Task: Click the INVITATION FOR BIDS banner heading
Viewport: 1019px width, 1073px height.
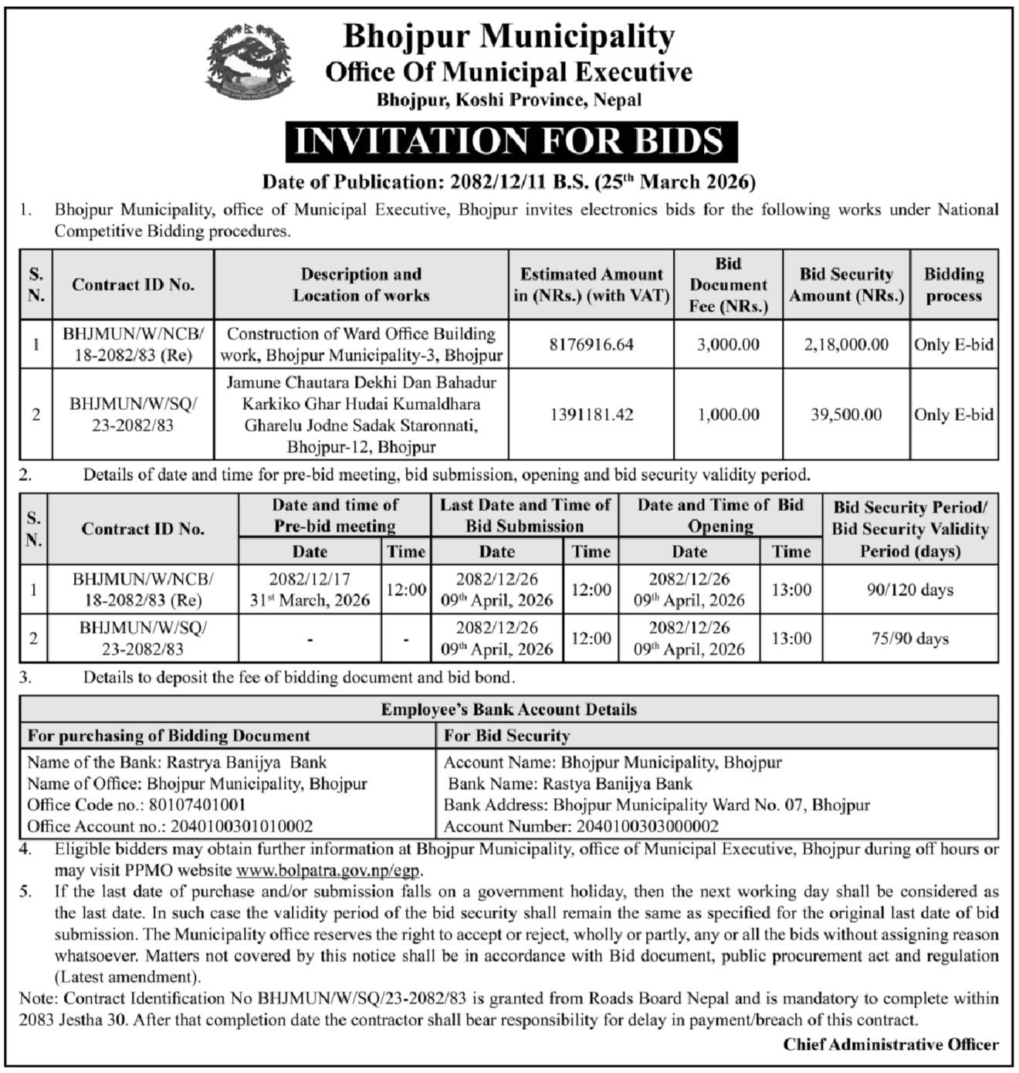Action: (x=509, y=141)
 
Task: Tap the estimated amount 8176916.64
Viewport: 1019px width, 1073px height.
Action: (x=591, y=344)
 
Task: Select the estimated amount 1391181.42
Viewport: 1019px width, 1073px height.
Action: (x=591, y=415)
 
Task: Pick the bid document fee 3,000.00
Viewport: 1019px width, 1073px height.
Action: (x=728, y=344)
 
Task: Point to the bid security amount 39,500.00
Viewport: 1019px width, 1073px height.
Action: (x=846, y=415)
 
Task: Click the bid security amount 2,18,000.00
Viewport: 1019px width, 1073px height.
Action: (x=846, y=344)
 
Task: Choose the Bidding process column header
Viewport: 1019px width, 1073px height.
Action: (x=953, y=285)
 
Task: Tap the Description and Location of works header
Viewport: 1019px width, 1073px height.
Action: (x=361, y=285)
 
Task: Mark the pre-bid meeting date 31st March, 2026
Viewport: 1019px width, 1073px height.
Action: (x=310, y=601)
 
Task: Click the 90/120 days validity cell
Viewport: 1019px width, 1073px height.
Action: (x=910, y=590)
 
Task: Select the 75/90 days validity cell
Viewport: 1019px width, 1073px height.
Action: (x=910, y=638)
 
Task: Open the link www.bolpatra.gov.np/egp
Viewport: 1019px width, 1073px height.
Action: (x=328, y=871)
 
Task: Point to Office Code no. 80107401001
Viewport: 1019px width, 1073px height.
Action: (x=137, y=805)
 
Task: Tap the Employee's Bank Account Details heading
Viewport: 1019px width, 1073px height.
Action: (x=509, y=709)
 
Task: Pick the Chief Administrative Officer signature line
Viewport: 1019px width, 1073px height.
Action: (x=891, y=1044)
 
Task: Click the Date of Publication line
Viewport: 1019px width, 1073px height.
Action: (x=509, y=182)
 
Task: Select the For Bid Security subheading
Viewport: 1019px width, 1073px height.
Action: (x=506, y=736)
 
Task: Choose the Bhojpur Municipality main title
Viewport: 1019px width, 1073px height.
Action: (x=509, y=36)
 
